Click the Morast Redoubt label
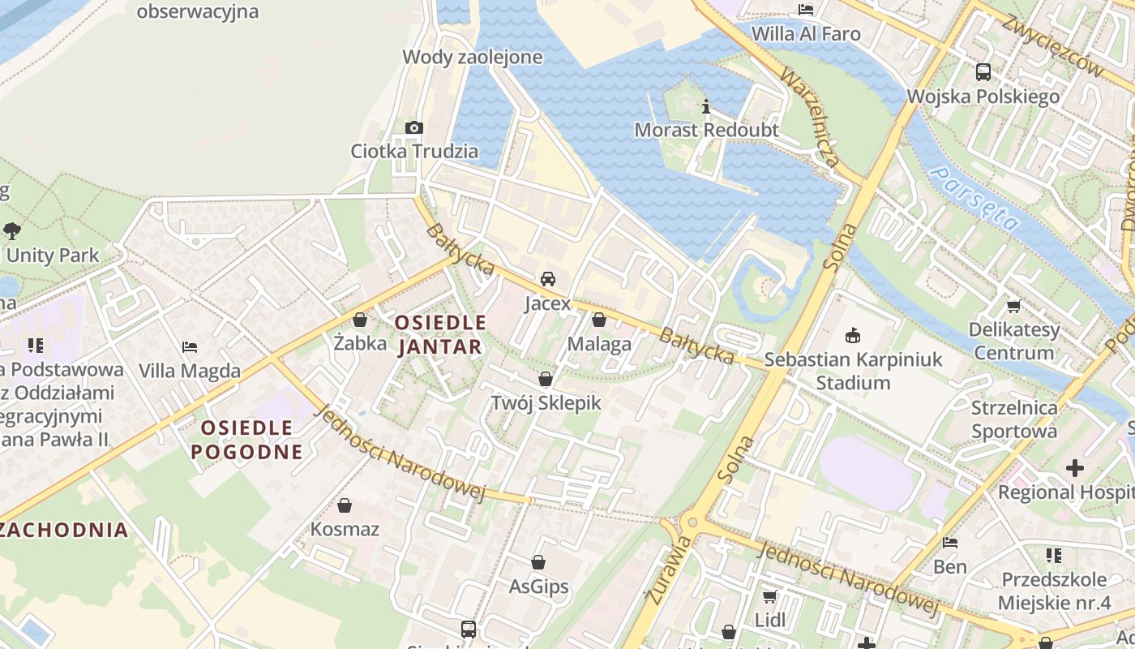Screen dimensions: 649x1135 [x=706, y=130]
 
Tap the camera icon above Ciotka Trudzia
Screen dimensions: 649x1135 [x=414, y=127]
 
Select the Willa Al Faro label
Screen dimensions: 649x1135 [x=806, y=34]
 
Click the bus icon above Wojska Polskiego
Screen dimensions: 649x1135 [x=983, y=72]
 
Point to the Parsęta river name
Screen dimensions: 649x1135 [x=974, y=198]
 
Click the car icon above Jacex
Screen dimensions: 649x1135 [x=548, y=279]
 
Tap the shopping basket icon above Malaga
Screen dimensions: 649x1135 [x=599, y=320]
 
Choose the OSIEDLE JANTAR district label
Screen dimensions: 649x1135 [x=440, y=334]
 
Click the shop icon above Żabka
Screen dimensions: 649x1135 [x=360, y=320]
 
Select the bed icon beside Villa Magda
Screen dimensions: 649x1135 [x=190, y=346]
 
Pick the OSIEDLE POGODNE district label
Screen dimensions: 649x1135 [x=246, y=440]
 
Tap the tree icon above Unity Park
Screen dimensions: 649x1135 [x=11, y=230]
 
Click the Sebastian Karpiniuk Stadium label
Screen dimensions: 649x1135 [x=853, y=371]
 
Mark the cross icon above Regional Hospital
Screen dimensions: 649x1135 [x=1075, y=468]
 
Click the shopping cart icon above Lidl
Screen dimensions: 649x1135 [x=769, y=596]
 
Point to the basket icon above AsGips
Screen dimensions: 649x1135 [x=538, y=562]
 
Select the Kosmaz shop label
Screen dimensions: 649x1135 [x=345, y=530]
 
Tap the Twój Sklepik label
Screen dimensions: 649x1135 [x=546, y=402]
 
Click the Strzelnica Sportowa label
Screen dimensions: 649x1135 [x=1014, y=419]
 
